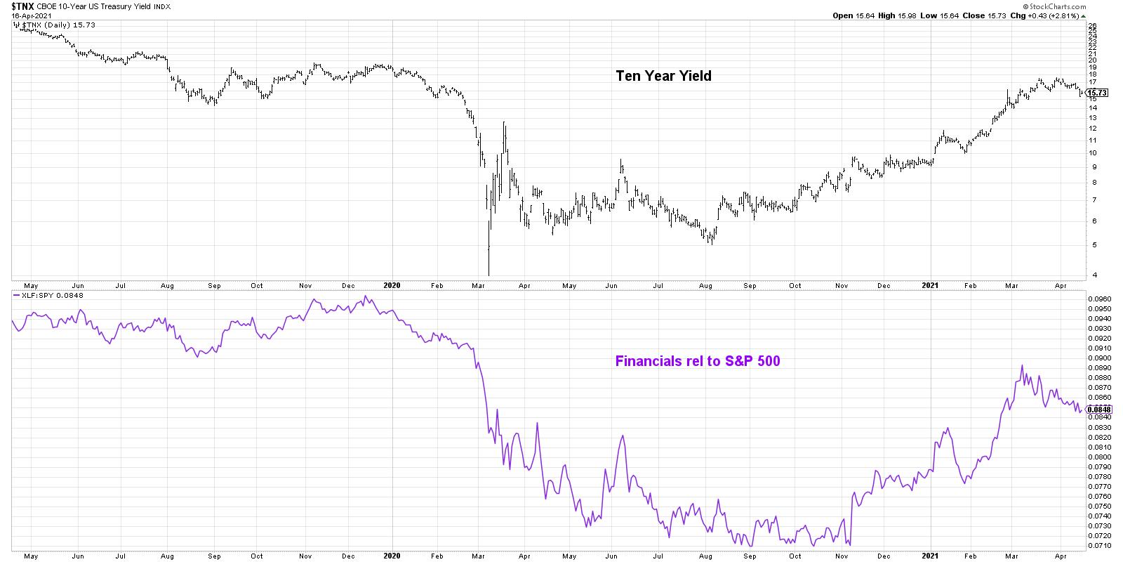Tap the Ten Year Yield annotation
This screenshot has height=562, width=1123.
tap(663, 76)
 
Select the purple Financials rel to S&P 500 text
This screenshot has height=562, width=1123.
tap(698, 362)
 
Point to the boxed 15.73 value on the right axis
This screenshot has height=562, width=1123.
tap(1096, 92)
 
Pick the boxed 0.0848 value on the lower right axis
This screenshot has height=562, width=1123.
tap(1098, 410)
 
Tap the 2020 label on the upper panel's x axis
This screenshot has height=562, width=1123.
tap(392, 285)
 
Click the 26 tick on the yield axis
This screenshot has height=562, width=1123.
tap(1093, 25)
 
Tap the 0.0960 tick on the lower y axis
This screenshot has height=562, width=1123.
tap(1099, 299)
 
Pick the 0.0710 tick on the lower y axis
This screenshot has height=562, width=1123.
tap(1099, 545)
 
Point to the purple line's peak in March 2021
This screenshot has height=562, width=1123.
tap(1022, 365)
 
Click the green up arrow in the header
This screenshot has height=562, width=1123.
tap(1082, 15)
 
